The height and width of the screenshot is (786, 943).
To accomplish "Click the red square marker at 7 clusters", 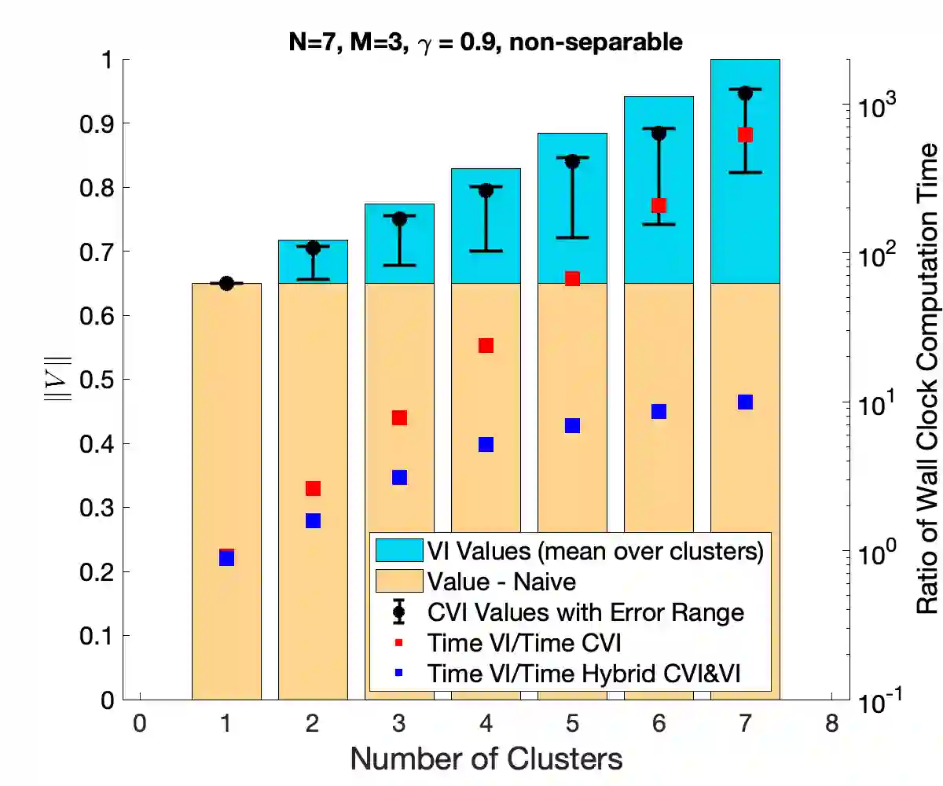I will tap(745, 135).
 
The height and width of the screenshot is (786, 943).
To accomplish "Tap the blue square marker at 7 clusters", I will tap(745, 402).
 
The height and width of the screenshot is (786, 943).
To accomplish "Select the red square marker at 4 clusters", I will tap(486, 346).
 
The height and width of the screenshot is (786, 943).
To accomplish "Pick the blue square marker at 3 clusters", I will tap(399, 477).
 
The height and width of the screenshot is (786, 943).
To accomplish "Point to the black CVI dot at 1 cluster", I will tap(226, 283).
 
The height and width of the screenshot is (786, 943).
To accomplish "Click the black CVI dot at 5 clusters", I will tap(572, 161).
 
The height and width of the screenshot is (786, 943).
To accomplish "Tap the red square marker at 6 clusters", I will tap(659, 205).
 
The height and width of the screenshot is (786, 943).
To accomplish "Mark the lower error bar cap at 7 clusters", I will tap(745, 171).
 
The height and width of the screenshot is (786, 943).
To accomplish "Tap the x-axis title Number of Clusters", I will tap(486, 759).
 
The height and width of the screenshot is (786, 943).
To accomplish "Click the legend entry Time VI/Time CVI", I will tap(524, 643).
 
